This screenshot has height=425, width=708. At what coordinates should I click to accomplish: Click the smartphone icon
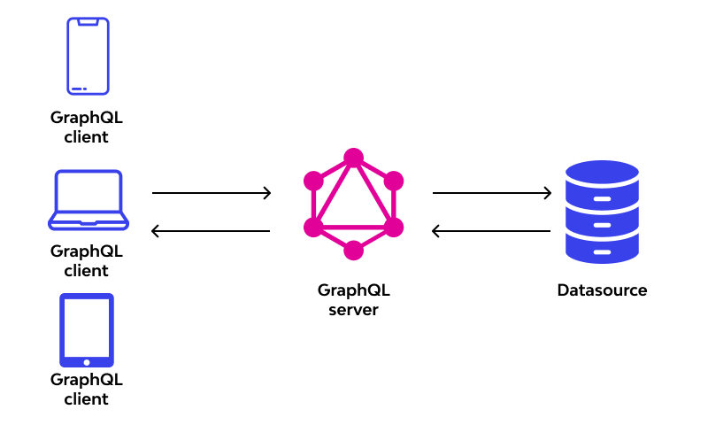88,56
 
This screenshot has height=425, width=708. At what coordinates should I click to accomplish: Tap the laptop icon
88,200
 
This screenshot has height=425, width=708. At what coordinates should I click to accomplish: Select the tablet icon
87,330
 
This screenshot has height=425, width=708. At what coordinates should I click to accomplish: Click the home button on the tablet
87,361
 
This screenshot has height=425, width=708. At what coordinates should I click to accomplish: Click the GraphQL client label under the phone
87,127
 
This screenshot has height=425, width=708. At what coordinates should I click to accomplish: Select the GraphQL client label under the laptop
87,260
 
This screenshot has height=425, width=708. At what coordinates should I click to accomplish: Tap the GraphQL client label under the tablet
87,389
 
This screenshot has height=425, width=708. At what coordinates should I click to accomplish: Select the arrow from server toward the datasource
491,192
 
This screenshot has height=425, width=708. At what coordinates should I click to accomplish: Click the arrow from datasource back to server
491,231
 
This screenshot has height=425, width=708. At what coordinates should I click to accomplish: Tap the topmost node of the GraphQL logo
354,158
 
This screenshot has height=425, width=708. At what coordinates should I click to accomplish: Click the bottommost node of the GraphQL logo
354,251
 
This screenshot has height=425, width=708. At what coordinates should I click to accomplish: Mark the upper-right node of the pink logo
394,181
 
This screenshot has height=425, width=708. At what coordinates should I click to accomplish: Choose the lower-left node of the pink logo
313,228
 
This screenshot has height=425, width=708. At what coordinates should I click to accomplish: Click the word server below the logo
353,310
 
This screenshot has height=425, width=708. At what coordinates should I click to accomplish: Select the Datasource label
602,290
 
